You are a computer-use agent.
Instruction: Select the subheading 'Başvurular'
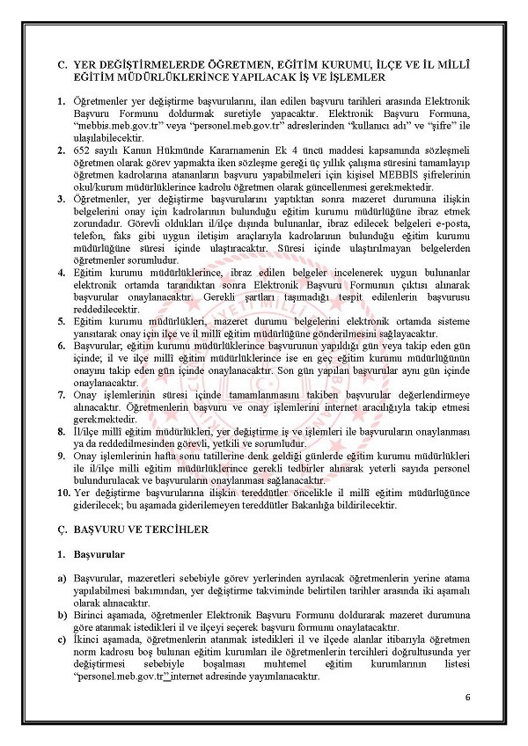point(99,555)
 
